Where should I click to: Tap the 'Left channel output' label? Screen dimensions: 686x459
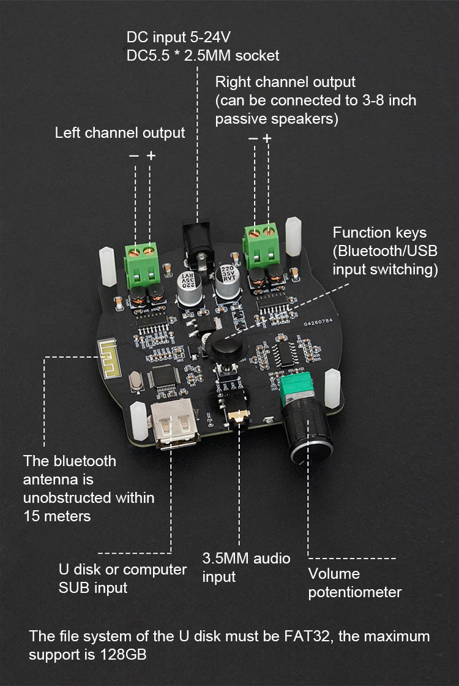pos(120,133)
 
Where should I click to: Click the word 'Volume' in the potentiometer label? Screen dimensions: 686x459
pos(334,574)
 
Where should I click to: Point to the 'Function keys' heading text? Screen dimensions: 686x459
pos(379,233)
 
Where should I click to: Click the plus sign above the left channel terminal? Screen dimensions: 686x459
pos(151,156)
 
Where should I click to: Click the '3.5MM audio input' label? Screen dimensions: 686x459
pos(246,567)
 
